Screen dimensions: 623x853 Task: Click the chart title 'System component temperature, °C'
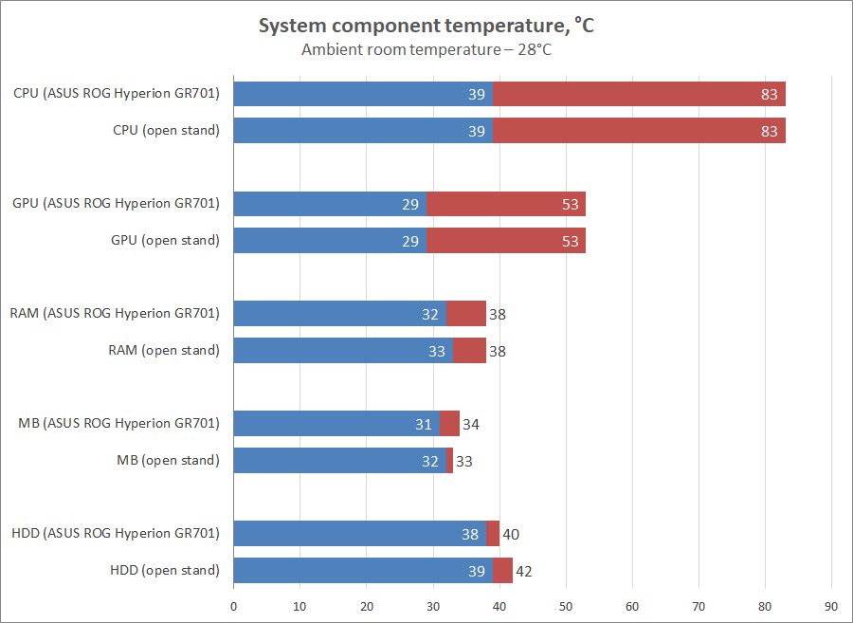(x=426, y=26)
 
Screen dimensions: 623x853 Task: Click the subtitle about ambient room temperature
(x=426, y=49)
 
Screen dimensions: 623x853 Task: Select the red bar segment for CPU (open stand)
(x=639, y=131)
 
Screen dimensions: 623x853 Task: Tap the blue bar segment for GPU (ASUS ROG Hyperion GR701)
(x=330, y=204)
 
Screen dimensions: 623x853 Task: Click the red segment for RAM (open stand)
(x=469, y=351)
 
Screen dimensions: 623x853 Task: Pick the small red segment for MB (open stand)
(x=450, y=461)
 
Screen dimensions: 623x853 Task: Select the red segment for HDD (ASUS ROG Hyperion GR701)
(x=493, y=534)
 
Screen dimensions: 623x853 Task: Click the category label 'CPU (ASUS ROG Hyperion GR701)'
(x=117, y=94)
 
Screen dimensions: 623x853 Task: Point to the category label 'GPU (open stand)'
(x=165, y=241)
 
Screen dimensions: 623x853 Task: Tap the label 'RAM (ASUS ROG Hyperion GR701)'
(x=115, y=314)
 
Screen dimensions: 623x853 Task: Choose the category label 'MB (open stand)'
(x=168, y=461)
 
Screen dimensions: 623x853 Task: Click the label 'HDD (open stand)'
(x=165, y=571)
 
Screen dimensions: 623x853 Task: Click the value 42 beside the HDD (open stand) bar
(x=524, y=571)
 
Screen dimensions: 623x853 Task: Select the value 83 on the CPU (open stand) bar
(x=769, y=131)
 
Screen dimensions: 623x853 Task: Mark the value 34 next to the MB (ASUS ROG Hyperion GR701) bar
(x=470, y=424)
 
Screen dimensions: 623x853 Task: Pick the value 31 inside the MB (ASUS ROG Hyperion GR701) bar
(x=424, y=424)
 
